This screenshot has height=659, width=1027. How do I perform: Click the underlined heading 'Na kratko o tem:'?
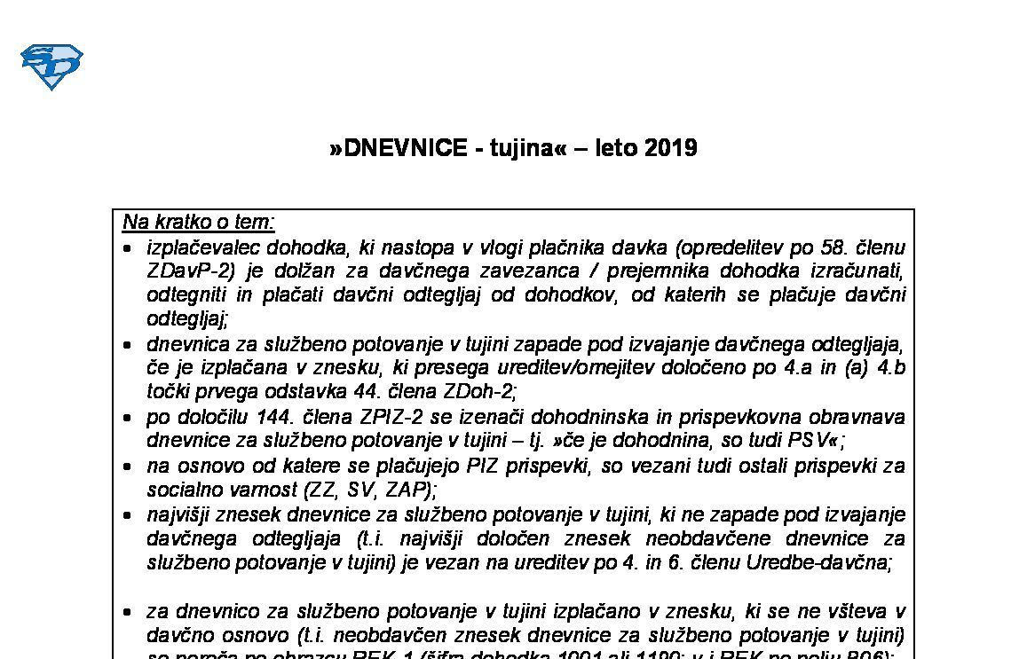pyautogui.click(x=199, y=221)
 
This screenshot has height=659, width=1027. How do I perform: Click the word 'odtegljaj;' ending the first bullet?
pyautogui.click(x=187, y=318)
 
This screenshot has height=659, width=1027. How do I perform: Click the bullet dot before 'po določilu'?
pyautogui.click(x=129, y=417)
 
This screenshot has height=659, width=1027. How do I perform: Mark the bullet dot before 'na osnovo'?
pyautogui.click(x=129, y=466)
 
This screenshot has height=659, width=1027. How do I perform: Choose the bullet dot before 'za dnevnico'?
pyautogui.click(x=129, y=612)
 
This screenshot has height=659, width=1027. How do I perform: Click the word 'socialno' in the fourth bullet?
pyautogui.click(x=179, y=489)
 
